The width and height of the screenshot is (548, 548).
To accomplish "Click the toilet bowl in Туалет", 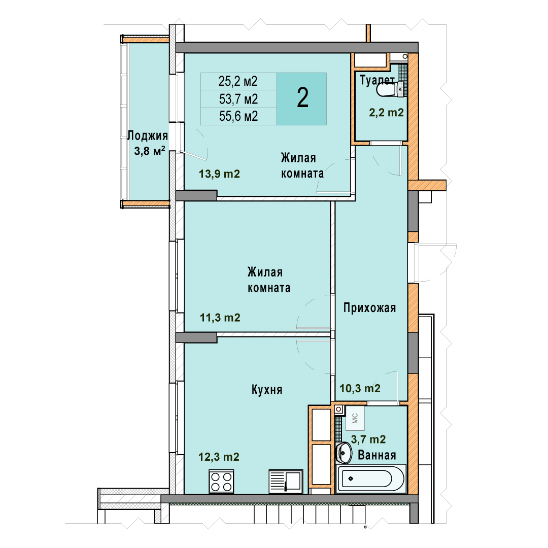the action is [389, 89].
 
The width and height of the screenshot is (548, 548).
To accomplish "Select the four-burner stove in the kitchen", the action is [221, 482].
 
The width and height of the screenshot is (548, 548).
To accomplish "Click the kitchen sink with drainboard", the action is [286, 481].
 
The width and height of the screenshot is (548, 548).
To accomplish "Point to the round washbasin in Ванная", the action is [344, 453].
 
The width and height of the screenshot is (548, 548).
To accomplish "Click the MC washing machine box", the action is [355, 418].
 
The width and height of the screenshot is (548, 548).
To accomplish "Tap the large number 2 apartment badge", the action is [302, 99].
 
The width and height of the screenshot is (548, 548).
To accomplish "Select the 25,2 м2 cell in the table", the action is [238, 81].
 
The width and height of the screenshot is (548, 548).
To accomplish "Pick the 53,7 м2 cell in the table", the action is [238, 99].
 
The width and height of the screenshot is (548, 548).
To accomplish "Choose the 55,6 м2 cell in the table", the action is [238, 116].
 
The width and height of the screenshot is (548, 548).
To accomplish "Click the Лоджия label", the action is [148, 135].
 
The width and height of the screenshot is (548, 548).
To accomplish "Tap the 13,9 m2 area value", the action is [220, 174].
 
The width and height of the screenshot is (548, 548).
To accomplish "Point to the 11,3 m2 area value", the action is [220, 317].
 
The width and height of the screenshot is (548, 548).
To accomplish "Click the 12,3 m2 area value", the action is [219, 457].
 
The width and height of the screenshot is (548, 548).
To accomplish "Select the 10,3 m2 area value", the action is [360, 388].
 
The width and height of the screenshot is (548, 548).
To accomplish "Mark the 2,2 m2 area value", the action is [387, 113].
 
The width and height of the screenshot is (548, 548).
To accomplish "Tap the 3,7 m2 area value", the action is [368, 439].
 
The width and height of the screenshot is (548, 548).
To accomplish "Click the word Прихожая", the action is [370, 308].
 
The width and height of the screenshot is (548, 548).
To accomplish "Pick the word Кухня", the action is [267, 390].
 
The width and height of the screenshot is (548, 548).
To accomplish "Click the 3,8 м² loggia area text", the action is [150, 151].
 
